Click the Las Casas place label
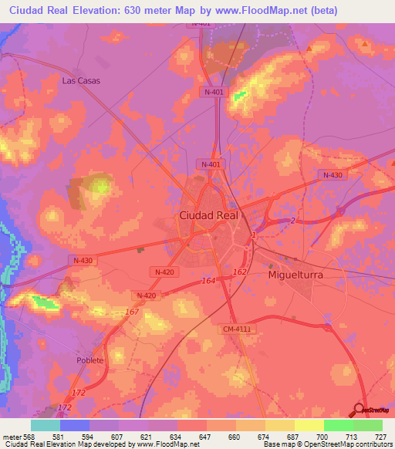coord(81,80)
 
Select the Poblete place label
coord(89,360)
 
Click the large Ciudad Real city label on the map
coord(209,216)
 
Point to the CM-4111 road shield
coord(238,329)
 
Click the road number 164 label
coord(209,280)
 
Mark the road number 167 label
coord(131,312)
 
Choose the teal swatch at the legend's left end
coord(46,425)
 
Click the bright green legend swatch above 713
coord(338,425)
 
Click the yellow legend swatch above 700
coord(309,425)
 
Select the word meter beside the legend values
coord(12,436)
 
